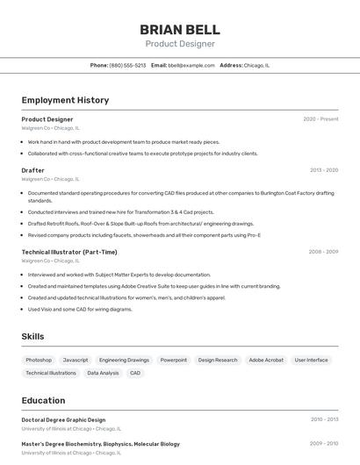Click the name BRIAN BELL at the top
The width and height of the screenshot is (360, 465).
point(180,29)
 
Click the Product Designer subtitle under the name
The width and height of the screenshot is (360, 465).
point(180,44)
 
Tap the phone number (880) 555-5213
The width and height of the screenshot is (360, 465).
point(128,65)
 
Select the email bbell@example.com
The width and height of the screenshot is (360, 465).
point(191,65)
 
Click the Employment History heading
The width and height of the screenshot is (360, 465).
point(65,100)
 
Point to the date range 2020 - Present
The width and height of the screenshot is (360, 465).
point(320,119)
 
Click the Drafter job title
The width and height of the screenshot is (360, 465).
point(32,170)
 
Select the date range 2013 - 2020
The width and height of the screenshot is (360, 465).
point(324,170)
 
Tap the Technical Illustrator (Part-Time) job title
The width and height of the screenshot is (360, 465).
point(69,252)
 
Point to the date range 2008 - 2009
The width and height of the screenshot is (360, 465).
point(323,252)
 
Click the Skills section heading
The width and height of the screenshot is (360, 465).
point(32,337)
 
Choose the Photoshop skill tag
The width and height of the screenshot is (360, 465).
point(39,360)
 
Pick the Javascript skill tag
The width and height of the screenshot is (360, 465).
point(76,360)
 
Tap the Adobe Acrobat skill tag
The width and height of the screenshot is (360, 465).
point(266,360)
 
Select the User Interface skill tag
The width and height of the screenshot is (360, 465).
point(312,360)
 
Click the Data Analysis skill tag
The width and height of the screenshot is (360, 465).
point(103,373)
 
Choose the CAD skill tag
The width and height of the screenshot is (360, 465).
point(135,373)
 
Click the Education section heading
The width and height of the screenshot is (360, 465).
point(43,400)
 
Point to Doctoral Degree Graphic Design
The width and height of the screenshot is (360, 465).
point(63,420)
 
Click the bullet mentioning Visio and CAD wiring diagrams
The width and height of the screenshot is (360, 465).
point(80,309)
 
